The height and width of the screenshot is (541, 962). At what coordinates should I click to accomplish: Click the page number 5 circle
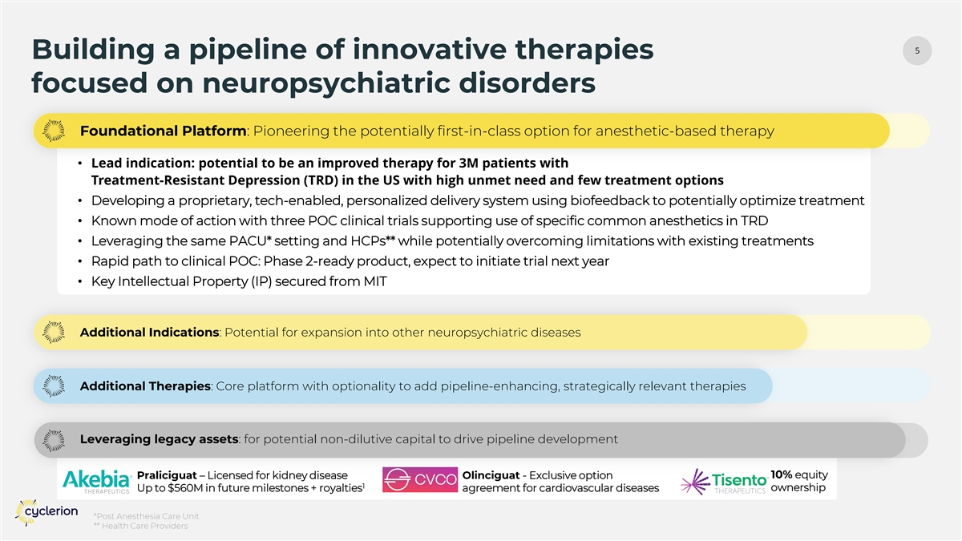tap(917, 50)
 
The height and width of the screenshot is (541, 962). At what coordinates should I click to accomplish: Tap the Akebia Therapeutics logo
tap(97, 482)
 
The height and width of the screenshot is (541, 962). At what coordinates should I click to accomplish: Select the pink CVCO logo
tap(420, 479)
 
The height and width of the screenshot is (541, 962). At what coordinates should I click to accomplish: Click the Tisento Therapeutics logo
tap(724, 482)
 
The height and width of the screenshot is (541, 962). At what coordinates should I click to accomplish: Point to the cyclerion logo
tap(46, 512)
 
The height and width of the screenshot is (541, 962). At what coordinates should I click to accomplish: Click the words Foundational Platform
tap(164, 131)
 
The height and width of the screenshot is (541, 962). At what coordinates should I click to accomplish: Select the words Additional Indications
tap(149, 333)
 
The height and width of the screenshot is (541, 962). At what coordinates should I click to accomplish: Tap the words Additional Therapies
tap(145, 386)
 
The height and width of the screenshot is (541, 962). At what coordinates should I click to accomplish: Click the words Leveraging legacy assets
tap(159, 439)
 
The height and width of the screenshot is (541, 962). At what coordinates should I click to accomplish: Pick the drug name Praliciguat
tap(167, 475)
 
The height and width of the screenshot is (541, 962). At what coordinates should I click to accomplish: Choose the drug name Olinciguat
tap(491, 475)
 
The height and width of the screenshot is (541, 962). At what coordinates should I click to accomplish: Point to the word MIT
tap(375, 281)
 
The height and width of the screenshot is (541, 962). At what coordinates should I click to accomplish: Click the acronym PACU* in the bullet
tap(250, 241)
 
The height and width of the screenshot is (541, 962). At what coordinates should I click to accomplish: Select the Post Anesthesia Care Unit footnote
tap(147, 516)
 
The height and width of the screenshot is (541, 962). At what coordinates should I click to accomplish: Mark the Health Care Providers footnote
tap(141, 526)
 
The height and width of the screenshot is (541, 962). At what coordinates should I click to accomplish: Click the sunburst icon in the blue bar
tap(54, 386)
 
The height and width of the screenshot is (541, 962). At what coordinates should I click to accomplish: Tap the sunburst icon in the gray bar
tap(54, 440)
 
